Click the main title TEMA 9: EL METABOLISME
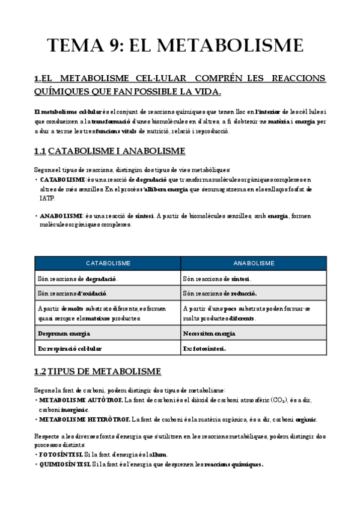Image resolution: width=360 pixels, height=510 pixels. [175, 46]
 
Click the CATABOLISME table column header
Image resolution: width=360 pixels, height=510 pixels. [108, 263]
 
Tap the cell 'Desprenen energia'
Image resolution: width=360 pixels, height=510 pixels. [60, 333]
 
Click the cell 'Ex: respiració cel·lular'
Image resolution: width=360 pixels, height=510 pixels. [70, 348]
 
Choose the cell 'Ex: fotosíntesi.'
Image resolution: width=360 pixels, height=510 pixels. [204, 348]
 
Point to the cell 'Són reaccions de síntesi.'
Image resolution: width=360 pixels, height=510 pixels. [217, 278]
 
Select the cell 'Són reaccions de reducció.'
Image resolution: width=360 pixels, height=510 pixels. [220, 293]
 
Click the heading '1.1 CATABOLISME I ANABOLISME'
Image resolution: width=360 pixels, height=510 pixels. [109, 150]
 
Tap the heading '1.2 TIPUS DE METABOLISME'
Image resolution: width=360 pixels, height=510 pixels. [97, 371]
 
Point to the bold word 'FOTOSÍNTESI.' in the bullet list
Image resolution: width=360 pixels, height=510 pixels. [60, 455]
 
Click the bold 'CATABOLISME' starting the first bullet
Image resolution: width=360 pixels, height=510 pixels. [63, 180]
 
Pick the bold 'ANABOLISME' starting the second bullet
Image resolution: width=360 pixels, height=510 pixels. [61, 215]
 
